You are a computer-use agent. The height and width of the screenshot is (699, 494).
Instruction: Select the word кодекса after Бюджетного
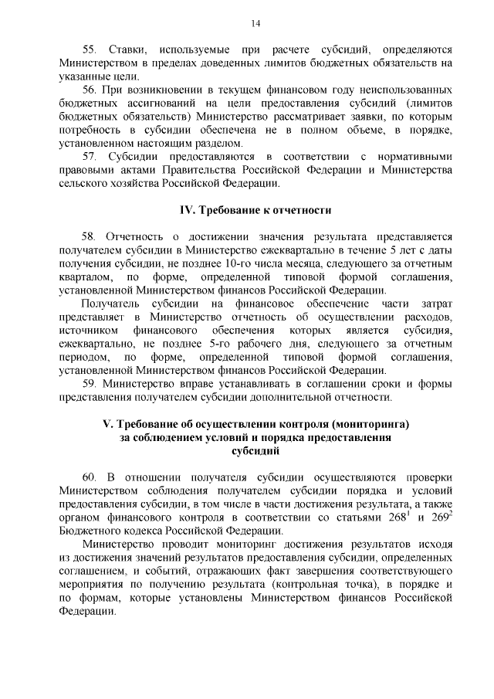(147, 530)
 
